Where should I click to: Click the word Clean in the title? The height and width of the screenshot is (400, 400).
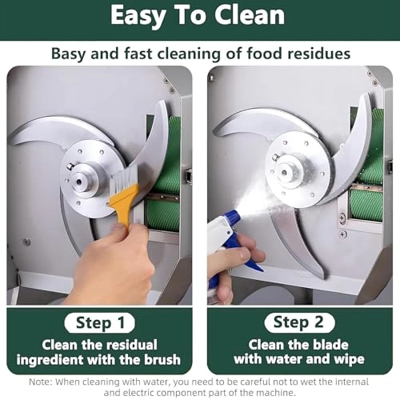tap(250, 15)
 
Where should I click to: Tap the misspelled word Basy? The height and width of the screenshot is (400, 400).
tap(68, 54)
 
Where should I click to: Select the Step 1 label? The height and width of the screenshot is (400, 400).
tap(100, 323)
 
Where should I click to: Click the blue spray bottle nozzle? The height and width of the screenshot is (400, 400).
tap(230, 217)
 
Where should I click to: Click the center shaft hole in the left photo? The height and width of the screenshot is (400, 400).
tap(78, 182)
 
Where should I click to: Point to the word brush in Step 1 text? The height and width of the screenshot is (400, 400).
tap(162, 359)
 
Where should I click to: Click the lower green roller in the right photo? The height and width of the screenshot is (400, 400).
tap(366, 206)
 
